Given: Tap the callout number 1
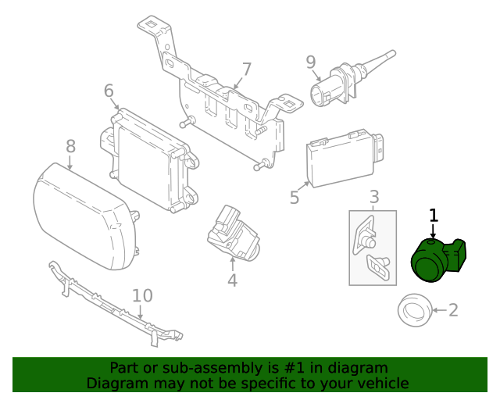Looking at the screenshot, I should pyautogui.click(x=434, y=215).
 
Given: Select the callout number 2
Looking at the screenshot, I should pyautogui.click(x=453, y=311).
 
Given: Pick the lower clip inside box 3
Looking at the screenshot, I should pyautogui.click(x=377, y=266).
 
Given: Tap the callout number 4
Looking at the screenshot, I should pyautogui.click(x=232, y=280).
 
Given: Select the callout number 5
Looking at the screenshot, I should pyautogui.click(x=294, y=197).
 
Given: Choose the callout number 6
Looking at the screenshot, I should pyautogui.click(x=109, y=91).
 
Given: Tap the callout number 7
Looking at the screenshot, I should pyautogui.click(x=246, y=70).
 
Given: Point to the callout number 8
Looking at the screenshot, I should pyautogui.click(x=70, y=145).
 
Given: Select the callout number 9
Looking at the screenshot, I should pyautogui.click(x=310, y=60).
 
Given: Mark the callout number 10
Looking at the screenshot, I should pyautogui.click(x=142, y=295).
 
